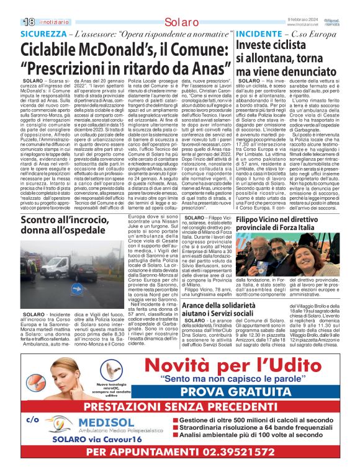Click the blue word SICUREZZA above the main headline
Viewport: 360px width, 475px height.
(x=42, y=33)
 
